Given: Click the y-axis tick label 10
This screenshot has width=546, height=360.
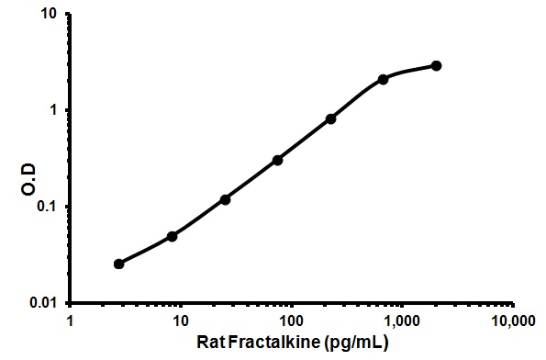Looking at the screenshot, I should click(x=50, y=15).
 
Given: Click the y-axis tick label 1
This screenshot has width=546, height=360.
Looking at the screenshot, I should click(x=55, y=110).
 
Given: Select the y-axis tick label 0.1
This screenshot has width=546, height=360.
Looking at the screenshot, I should click(x=49, y=206).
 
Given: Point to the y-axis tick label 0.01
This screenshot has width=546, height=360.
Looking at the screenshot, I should click(x=45, y=302).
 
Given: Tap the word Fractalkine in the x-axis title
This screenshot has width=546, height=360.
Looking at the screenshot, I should click(x=282, y=343).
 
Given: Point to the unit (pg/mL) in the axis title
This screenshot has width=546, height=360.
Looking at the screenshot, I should click(x=354, y=343).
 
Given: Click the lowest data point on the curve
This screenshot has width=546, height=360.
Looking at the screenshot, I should click(x=119, y=264).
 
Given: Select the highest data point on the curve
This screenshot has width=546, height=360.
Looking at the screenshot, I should click(x=436, y=65).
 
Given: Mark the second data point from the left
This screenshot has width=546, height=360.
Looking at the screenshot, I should click(x=172, y=236).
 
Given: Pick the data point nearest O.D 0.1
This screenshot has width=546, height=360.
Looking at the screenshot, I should click(x=225, y=199).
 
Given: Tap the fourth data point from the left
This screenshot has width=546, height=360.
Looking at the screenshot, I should click(x=277, y=160).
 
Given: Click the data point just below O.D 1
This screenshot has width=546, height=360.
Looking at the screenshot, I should click(x=330, y=118).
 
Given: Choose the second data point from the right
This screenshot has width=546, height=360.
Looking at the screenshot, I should click(x=383, y=79).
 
